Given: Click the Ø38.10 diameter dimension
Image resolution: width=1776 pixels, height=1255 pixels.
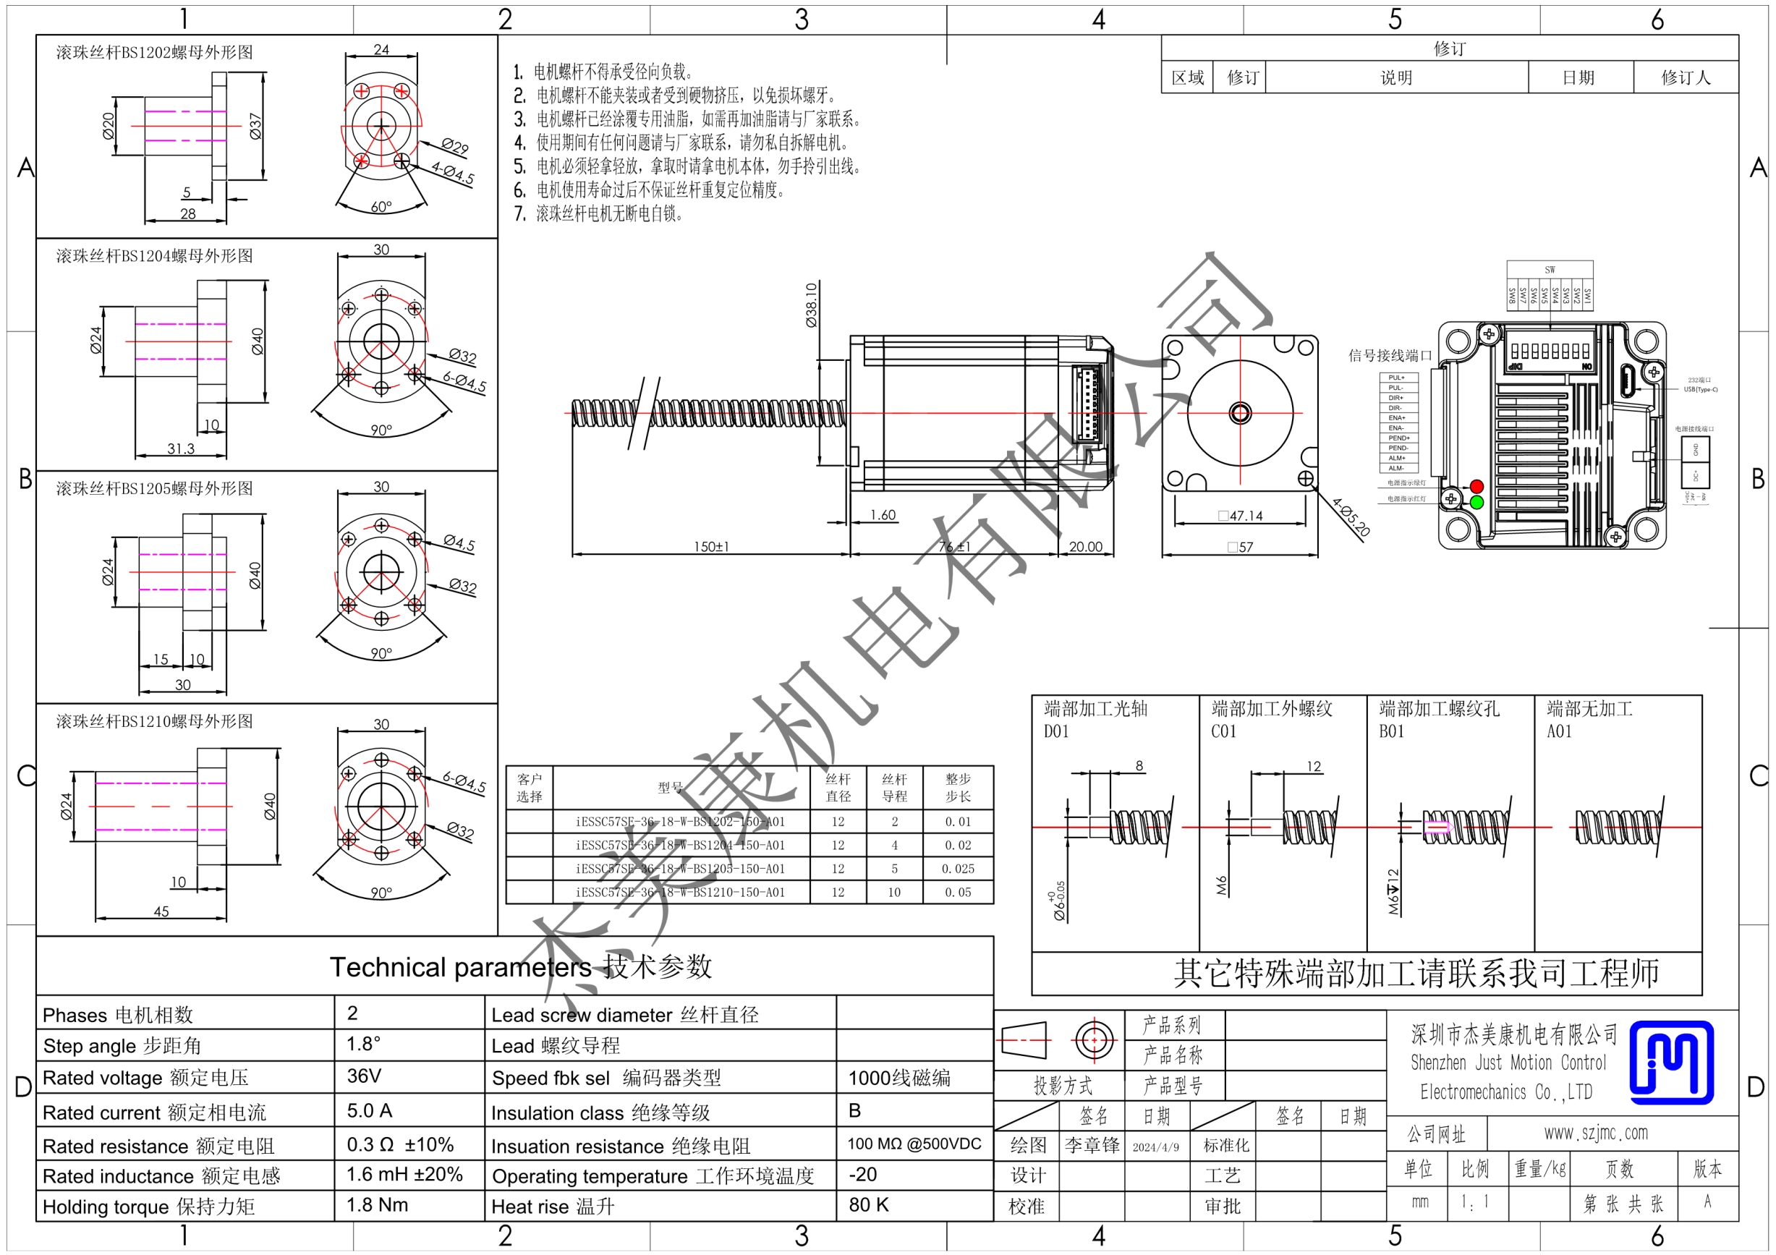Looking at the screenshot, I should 811,305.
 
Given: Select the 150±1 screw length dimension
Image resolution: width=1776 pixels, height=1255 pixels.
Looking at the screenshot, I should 711,547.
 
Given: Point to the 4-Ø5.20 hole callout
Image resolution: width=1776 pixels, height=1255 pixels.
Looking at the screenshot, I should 1351,517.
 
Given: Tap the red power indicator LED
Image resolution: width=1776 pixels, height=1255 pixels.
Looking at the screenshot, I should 1477,486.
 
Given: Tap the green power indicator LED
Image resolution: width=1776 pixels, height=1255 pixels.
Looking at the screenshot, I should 1477,503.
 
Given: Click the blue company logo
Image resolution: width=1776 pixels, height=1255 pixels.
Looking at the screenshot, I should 1671,1061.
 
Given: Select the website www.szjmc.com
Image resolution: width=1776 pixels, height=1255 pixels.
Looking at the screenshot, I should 1596,1133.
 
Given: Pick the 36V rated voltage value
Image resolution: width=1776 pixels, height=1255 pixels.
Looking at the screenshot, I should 364,1076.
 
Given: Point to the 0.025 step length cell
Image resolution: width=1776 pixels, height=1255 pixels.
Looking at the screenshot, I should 958,868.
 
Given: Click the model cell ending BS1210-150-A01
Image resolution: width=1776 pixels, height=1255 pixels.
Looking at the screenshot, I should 680,892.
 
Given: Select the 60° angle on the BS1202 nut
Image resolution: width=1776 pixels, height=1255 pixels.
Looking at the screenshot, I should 381,206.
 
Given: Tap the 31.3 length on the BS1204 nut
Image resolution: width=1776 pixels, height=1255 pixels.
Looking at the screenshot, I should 181,448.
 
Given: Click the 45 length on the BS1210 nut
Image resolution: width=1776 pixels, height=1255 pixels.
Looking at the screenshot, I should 161,911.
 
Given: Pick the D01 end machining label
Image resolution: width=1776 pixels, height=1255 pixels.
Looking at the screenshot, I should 1056,731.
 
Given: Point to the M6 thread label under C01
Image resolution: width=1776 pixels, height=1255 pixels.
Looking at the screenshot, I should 1221,885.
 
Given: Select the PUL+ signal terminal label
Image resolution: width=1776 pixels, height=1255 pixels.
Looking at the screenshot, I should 1396,378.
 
